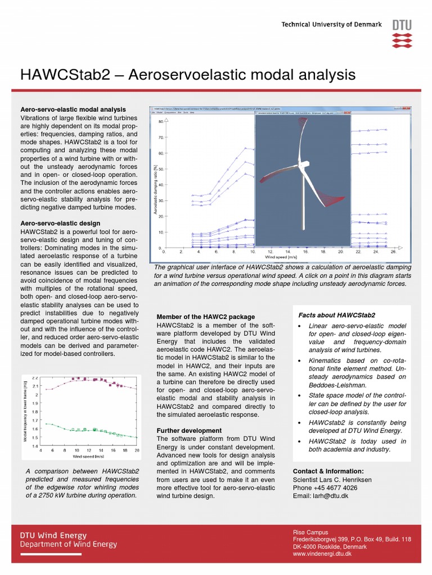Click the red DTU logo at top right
pyautogui.click(x=402, y=34)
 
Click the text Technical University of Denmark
pyautogui.click(x=331, y=25)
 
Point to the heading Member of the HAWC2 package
pyautogui.click(x=205, y=317)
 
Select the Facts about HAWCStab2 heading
pyautogui.click(x=336, y=315)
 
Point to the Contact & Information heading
pyautogui.click(x=328, y=471)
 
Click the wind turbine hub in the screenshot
pyautogui.click(x=300, y=164)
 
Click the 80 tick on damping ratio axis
pyautogui.click(x=160, y=121)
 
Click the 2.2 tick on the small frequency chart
pyautogui.click(x=35, y=378)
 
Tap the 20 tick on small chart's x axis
pyautogui.click(x=137, y=450)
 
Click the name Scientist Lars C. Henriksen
pyautogui.click(x=332, y=480)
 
